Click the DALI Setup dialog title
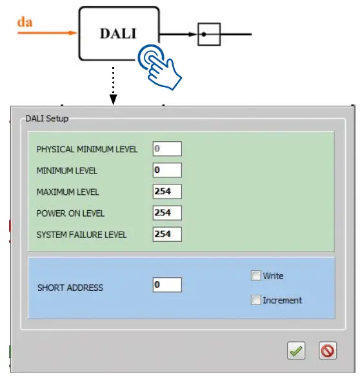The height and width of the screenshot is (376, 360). click(x=46, y=119)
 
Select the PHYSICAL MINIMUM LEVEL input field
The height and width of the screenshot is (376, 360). click(x=167, y=149)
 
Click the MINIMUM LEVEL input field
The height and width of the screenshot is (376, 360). click(x=167, y=170)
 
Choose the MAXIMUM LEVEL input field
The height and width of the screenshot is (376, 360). click(x=167, y=192)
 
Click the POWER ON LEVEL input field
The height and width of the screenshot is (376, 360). click(x=167, y=213)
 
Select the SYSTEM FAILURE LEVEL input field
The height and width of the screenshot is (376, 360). click(x=167, y=234)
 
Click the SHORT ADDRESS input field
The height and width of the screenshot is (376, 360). click(x=167, y=284)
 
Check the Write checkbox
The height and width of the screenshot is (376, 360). click(x=255, y=276)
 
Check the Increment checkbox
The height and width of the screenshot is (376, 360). click(x=255, y=300)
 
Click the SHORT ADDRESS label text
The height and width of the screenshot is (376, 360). click(x=70, y=288)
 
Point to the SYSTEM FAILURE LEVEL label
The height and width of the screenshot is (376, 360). click(x=82, y=235)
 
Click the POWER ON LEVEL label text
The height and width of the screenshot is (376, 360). click(x=70, y=213)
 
